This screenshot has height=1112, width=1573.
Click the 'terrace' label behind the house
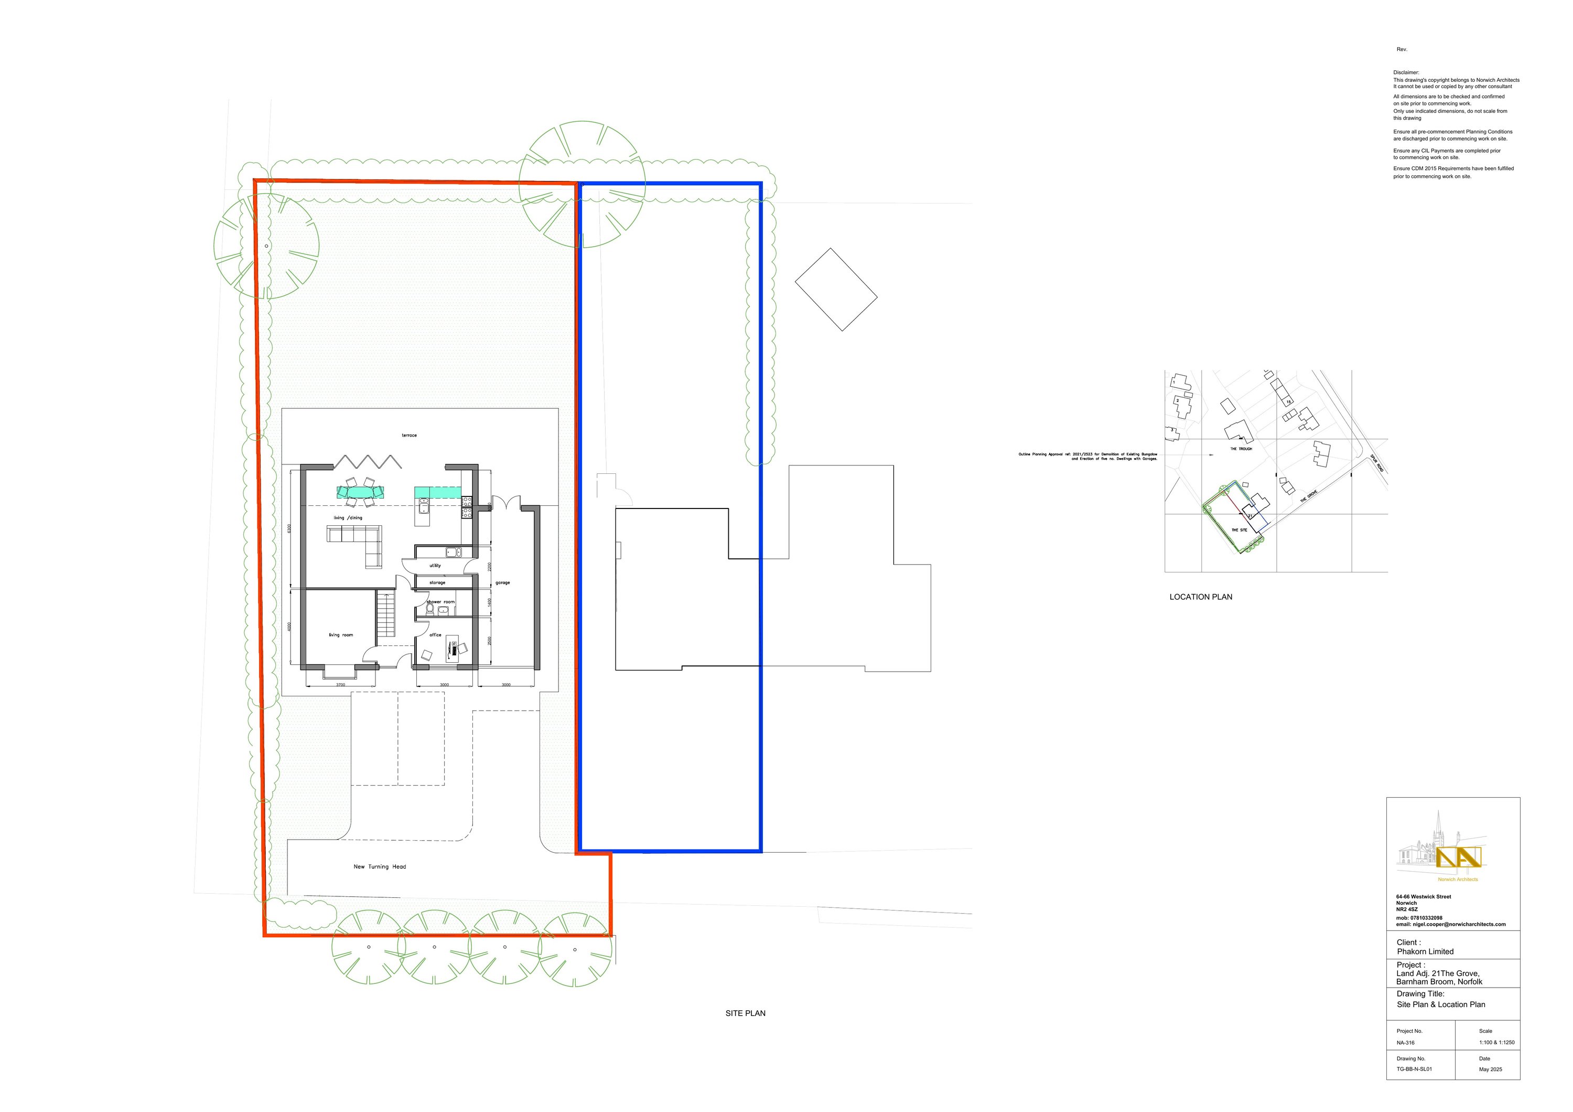click(409, 436)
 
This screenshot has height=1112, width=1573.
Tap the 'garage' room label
click(502, 583)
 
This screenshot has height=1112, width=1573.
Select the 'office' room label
click(435, 635)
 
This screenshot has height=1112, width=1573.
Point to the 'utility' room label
click(435, 566)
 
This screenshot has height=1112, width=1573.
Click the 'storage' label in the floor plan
click(437, 583)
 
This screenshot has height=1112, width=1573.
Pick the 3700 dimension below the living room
click(340, 685)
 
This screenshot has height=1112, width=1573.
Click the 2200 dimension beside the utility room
click(489, 567)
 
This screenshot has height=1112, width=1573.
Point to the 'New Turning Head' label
click(380, 866)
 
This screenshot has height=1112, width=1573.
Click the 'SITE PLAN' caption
click(746, 1013)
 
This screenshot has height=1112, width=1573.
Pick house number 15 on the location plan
click(1288, 402)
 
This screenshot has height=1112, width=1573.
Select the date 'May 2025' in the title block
click(1490, 1069)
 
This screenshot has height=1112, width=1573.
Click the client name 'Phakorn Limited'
click(1425, 951)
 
